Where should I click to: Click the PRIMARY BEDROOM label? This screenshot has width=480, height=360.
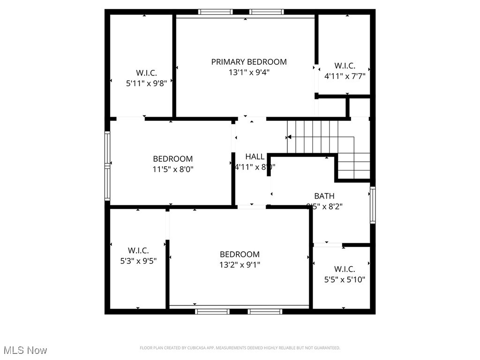click(x=248, y=62)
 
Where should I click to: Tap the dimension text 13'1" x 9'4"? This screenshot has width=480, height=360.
click(x=248, y=72)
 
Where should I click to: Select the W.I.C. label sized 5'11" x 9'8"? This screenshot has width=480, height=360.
click(x=146, y=73)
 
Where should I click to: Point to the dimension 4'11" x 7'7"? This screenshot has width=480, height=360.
click(x=345, y=76)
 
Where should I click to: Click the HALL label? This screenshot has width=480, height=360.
click(x=255, y=157)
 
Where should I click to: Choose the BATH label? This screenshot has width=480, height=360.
click(x=324, y=196)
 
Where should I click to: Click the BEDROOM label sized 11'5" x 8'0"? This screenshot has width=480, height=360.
click(x=172, y=159)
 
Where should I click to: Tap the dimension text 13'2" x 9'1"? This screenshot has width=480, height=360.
click(x=240, y=264)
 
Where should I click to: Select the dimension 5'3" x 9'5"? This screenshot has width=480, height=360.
click(x=138, y=261)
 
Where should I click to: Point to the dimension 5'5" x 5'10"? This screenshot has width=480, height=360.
click(x=345, y=280)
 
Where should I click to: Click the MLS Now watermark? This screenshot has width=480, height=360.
click(x=25, y=350)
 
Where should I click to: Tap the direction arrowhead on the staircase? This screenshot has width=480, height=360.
click(x=289, y=137)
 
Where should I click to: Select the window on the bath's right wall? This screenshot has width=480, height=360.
click(x=373, y=205)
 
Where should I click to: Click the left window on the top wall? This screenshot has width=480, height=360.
click(x=215, y=12)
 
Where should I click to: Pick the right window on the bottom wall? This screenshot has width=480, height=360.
click(x=266, y=311)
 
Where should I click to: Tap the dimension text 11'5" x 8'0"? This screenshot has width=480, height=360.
click(x=172, y=169)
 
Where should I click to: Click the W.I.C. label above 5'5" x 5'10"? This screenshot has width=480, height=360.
click(x=345, y=270)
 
